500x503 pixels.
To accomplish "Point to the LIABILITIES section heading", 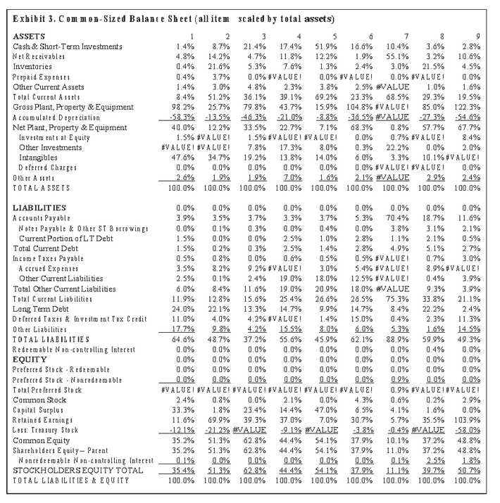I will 40,208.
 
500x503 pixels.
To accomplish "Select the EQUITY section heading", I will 28,359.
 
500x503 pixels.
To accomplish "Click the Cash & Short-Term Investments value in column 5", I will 326,46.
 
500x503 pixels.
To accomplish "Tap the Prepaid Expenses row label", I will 42,76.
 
